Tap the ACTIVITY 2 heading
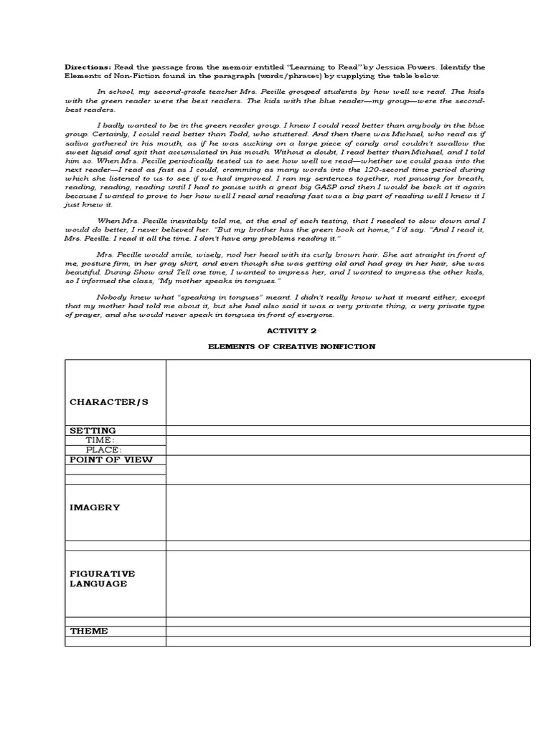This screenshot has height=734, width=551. coord(291,331)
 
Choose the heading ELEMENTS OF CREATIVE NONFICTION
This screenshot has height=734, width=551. coord(291,346)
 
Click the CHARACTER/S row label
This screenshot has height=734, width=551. coord(108,402)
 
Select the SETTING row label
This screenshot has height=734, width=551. coord(93,431)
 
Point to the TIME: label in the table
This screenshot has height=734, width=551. coord(100,440)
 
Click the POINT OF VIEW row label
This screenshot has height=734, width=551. coord(111,459)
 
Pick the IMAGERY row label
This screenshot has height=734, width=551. coord(94,507)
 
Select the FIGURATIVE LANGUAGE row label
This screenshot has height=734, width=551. coord(102,579)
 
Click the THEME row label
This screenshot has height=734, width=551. coord(89,631)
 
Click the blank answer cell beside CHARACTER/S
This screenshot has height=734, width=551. coord(348,392)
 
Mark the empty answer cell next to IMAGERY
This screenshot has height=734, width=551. coord(348,513)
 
